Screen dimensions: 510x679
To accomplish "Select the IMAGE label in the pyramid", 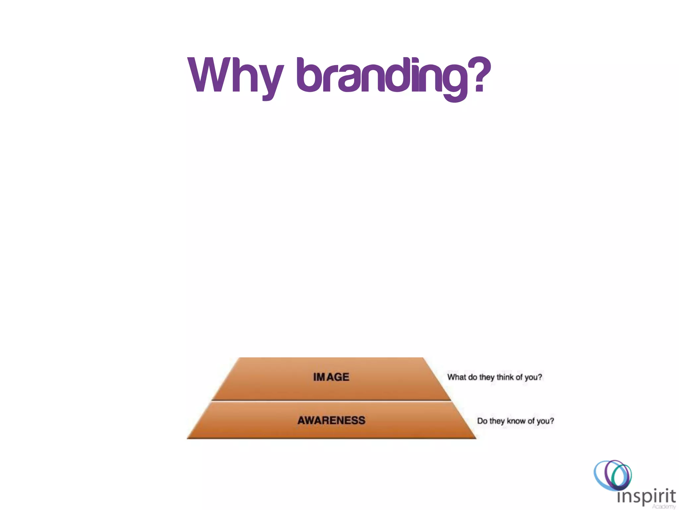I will [331, 377].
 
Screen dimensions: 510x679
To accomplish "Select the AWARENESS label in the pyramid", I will [331, 420].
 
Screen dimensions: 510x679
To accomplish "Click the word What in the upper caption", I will [457, 377].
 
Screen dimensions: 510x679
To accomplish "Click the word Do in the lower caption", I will [482, 421].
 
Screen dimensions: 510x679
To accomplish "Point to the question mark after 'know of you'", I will [552, 421].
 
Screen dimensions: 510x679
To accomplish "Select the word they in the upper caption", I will [487, 377].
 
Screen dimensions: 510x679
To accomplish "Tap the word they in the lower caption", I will [497, 421].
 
